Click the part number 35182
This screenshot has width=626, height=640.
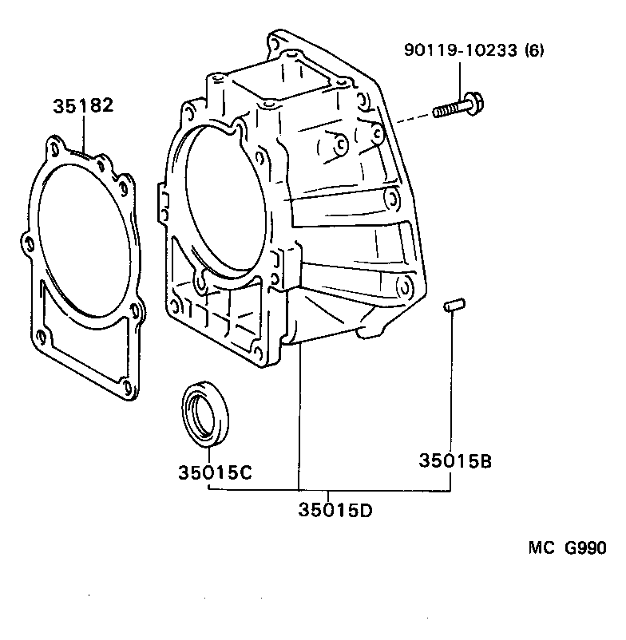tap(84, 106)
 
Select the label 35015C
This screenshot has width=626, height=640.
tap(215, 472)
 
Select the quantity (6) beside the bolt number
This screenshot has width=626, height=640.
tap(535, 52)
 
